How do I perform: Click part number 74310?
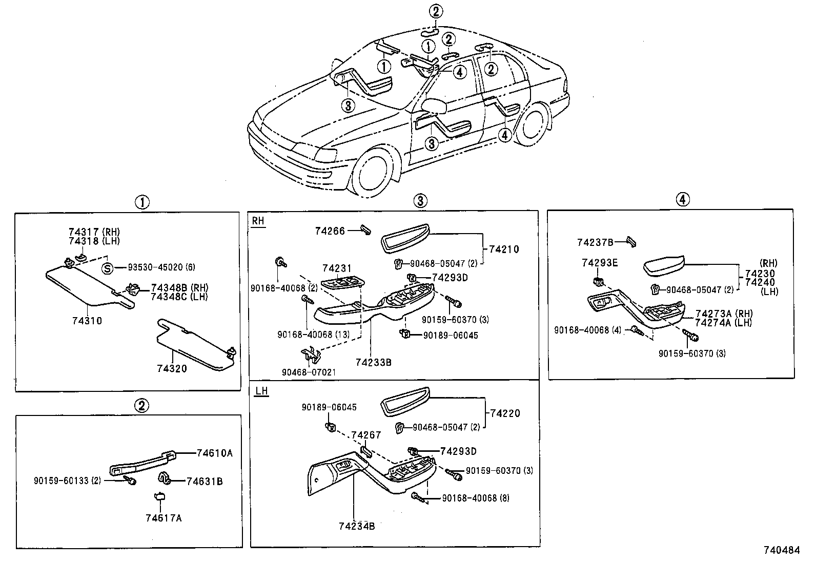(87, 321)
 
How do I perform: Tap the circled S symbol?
(107, 267)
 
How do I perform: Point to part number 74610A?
(215, 453)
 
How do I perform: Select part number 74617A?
(164, 518)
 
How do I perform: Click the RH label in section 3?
(258, 221)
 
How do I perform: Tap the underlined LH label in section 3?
(261, 391)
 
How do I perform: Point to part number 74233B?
(374, 362)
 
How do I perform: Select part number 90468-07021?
(309, 372)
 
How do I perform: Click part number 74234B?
(357, 526)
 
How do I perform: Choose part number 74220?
(505, 413)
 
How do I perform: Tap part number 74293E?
(600, 263)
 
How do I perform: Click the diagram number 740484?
(781, 550)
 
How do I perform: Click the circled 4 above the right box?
(682, 199)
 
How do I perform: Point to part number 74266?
(330, 231)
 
